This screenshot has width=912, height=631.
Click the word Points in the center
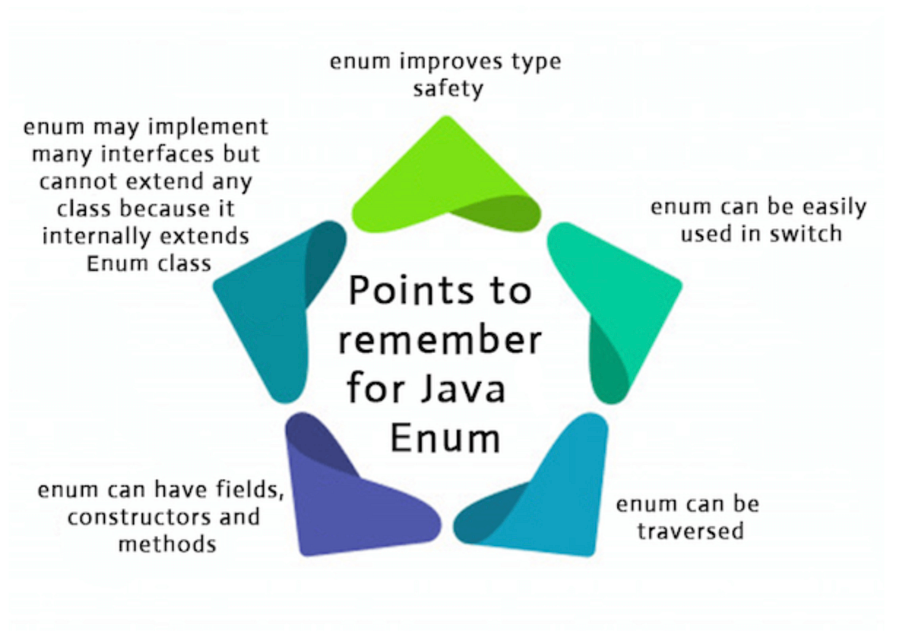[x=401, y=291]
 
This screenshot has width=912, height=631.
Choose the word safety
[x=448, y=89]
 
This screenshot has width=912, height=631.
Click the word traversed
[x=690, y=530]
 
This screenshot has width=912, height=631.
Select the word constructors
[x=131, y=518]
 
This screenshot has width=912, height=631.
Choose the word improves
[x=435, y=62]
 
